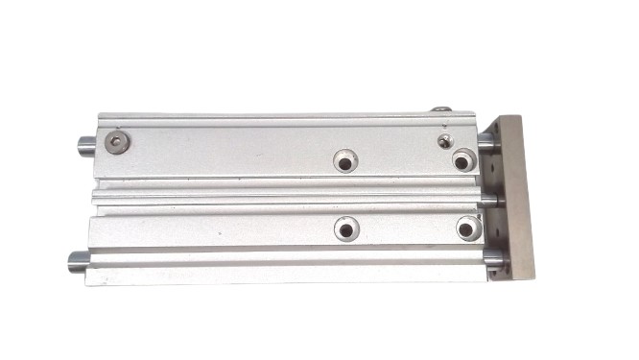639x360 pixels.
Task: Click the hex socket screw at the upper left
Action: click(117, 144)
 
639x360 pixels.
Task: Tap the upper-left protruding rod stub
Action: click(85, 147)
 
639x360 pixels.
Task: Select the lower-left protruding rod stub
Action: click(78, 260)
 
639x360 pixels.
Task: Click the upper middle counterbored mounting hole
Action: click(345, 160)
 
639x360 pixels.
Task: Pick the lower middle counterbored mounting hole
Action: click(346, 229)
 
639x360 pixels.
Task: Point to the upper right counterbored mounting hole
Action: click(463, 159)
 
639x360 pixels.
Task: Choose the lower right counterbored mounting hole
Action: click(468, 229)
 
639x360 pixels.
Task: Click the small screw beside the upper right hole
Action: click(444, 141)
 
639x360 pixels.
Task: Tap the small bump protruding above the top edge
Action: click(441, 111)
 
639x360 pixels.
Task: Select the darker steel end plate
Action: click(514, 197)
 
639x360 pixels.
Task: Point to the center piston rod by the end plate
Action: click(488, 201)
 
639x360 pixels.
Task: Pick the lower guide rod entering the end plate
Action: click(492, 258)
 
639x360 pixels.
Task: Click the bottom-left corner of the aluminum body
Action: click(87, 282)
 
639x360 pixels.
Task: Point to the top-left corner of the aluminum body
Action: click(97, 119)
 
